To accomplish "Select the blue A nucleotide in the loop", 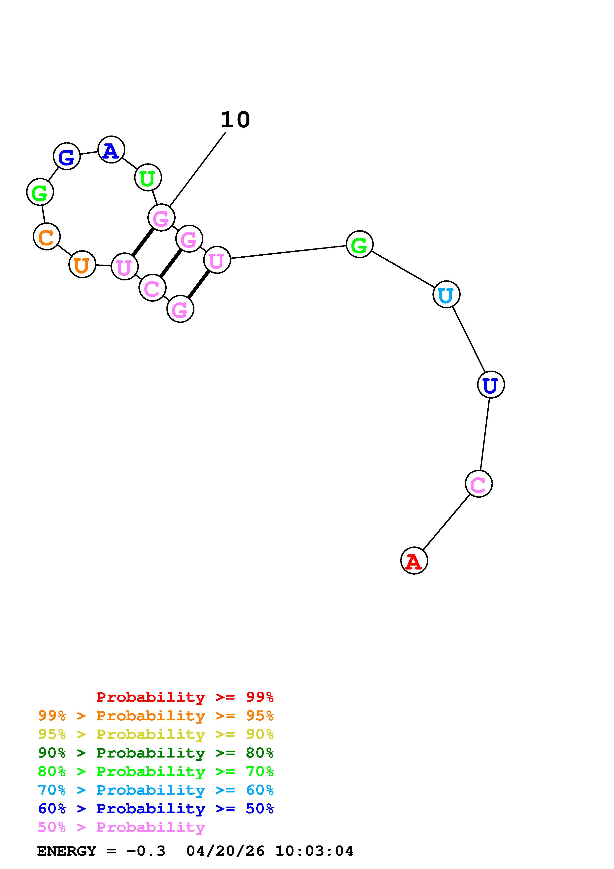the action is [x=111, y=150].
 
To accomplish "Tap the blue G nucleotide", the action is [x=67, y=156].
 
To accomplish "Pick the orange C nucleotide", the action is [x=47, y=237].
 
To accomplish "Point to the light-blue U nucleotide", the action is [x=446, y=295].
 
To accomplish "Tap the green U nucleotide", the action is [x=148, y=178].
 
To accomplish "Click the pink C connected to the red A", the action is [x=479, y=484].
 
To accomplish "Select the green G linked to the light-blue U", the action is [x=359, y=244].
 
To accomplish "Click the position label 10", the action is [x=235, y=120].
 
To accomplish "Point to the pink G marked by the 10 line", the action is [x=161, y=218].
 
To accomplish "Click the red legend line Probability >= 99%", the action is [x=185, y=697].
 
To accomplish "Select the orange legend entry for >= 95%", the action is [x=156, y=716].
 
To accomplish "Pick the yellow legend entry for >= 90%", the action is [x=156, y=734].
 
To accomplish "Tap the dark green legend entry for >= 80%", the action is [x=156, y=753].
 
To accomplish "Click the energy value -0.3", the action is [x=146, y=851].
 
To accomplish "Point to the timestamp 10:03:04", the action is [x=314, y=851].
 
